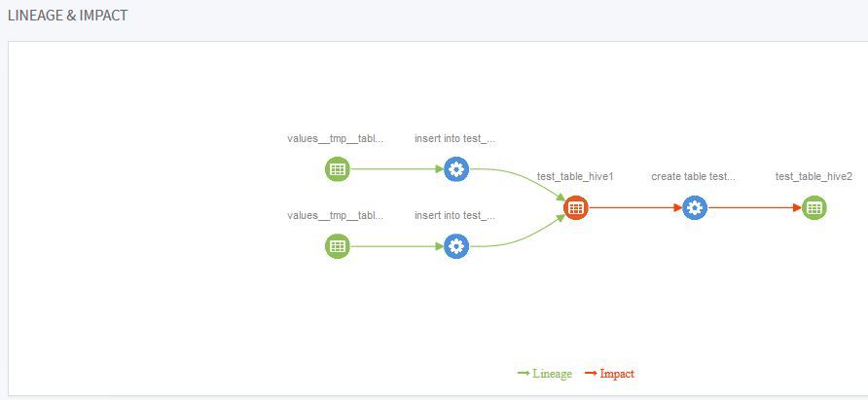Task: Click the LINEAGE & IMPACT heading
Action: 67,16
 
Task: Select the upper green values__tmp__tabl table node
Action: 337,169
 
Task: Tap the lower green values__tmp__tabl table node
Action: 337,246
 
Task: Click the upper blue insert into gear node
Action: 456,169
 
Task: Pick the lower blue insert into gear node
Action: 456,246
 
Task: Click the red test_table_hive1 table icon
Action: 575,207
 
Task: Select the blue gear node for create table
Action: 694,207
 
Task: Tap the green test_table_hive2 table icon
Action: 814,207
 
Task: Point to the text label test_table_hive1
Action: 575,176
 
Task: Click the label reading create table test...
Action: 694,176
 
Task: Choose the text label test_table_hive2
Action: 814,176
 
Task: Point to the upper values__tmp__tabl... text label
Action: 335,138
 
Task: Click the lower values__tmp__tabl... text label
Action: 335,215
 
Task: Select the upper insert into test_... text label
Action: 455,138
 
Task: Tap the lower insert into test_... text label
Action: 455,215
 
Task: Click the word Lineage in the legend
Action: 552,374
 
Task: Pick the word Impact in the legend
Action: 617,374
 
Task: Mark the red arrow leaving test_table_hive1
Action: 633,207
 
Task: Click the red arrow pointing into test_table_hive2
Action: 754,207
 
